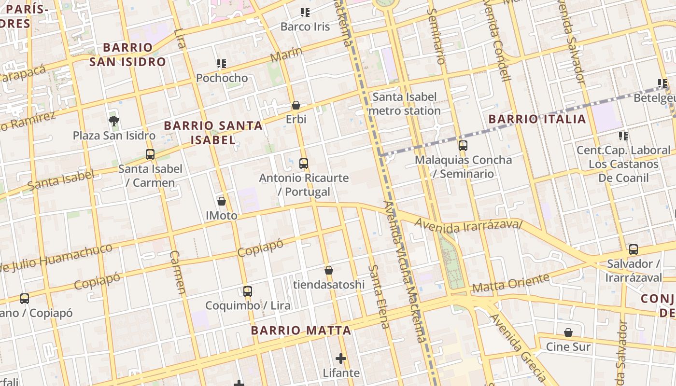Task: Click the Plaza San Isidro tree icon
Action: (114, 121)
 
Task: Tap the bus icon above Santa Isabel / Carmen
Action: (150, 154)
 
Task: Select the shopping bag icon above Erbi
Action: (296, 105)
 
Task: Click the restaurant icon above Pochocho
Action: (222, 64)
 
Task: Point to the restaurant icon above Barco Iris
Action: (305, 13)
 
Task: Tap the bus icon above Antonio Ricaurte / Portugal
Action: (304, 164)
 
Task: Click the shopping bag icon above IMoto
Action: (222, 201)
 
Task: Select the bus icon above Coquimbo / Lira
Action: (248, 291)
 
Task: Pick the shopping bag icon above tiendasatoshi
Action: (329, 270)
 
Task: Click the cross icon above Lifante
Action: (341, 358)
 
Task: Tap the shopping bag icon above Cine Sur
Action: (568, 332)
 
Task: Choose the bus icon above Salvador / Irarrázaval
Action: (634, 249)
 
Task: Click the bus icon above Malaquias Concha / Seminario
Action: (463, 145)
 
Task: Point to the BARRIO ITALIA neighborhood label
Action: (537, 119)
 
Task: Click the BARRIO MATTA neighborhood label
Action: (301, 331)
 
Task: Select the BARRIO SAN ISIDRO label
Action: (127, 55)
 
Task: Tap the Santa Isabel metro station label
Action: (405, 104)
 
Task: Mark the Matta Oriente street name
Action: (511, 283)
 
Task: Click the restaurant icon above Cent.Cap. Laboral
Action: (623, 136)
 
